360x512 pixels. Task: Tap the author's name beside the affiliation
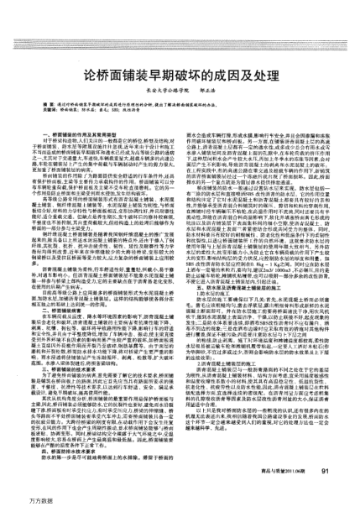click(x=211, y=72)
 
